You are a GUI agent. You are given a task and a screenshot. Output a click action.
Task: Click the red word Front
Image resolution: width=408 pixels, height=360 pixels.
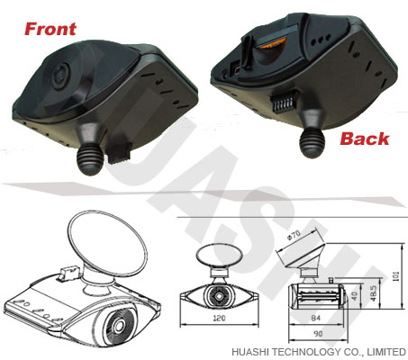pyautogui.click(x=50, y=29)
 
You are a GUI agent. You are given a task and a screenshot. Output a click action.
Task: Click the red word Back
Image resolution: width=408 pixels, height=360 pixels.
pyautogui.click(x=365, y=139)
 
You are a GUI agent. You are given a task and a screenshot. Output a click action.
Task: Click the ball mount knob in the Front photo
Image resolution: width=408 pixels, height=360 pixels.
pyautogui.click(x=90, y=159)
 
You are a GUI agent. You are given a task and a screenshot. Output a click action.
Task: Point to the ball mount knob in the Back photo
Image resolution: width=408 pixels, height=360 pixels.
pyautogui.click(x=313, y=144)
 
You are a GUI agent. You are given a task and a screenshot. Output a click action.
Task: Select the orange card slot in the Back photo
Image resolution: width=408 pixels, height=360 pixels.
pyautogui.click(x=271, y=45)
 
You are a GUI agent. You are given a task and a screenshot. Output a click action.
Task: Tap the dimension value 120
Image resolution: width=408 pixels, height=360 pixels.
pyautogui.click(x=219, y=318)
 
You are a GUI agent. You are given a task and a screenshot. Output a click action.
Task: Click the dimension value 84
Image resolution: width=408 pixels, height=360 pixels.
pyautogui.click(x=316, y=318)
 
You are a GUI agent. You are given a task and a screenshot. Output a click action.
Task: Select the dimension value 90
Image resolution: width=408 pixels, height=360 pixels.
pyautogui.click(x=318, y=333)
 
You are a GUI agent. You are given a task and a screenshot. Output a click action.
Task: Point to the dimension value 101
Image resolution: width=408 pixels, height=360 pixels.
pyautogui.click(x=396, y=276)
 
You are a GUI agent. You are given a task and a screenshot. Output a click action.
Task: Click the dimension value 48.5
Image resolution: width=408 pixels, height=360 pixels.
pyautogui.click(x=374, y=292)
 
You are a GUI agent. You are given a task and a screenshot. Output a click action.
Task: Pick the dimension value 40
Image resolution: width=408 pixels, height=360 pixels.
pyautogui.click(x=354, y=296)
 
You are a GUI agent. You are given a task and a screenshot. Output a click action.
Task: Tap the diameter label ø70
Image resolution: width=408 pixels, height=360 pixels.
pyautogui.click(x=294, y=234)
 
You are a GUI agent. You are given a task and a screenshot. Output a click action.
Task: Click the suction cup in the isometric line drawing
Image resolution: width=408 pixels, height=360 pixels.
pyautogui.click(x=108, y=243)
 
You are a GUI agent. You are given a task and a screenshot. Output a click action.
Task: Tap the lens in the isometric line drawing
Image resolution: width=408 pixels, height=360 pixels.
pyautogui.click(x=119, y=325)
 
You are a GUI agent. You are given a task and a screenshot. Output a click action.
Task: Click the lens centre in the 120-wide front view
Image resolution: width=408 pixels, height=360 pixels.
pyautogui.click(x=219, y=296)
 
